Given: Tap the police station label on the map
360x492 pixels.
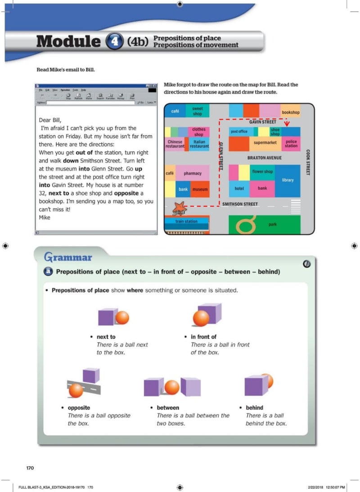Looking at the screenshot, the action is tap(291, 144).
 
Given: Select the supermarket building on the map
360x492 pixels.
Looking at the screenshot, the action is tap(265, 143).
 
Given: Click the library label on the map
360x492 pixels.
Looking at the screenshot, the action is tap(288, 180).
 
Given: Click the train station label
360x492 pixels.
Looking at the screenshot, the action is tap(186, 221).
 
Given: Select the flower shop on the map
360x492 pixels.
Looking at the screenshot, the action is tap(262, 172).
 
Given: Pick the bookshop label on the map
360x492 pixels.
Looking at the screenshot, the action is tap(290, 112).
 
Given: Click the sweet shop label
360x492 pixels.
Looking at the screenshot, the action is tap(198, 111).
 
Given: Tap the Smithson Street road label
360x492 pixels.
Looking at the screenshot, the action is tap(240, 204).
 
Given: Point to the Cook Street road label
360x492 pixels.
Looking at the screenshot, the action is tap(308, 162).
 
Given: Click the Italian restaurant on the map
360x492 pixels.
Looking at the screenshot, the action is tap(199, 144).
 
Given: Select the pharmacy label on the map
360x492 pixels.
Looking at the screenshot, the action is tap(193, 174).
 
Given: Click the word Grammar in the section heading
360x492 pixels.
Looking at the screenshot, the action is tap(68, 257).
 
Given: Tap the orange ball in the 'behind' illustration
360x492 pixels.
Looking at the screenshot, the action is tap(267, 380).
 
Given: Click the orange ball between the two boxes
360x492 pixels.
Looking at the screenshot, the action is tap(172, 387).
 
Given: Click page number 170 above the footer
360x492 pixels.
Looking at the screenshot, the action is tap(30, 468).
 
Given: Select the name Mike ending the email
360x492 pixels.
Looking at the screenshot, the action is tap(45, 217).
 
